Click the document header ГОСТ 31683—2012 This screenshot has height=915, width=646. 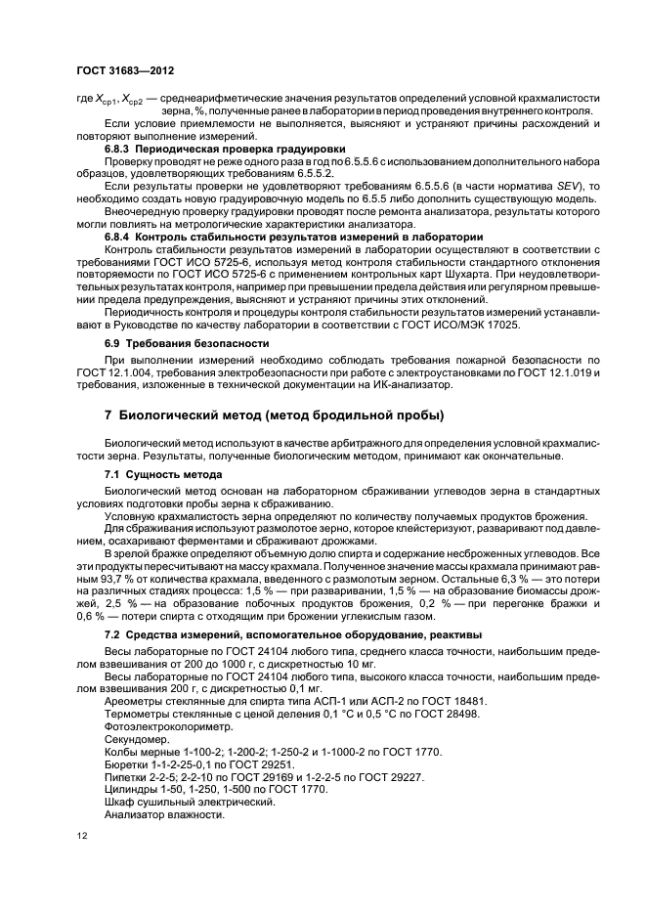click(118, 70)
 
